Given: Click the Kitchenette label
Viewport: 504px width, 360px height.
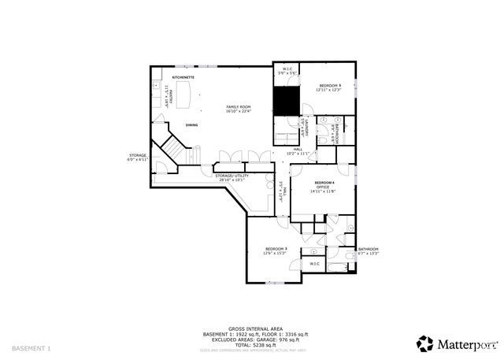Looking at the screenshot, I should (183, 78).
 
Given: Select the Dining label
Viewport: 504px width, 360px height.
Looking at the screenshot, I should (192, 125).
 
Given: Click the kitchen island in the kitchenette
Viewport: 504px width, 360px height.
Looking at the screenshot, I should (187, 97).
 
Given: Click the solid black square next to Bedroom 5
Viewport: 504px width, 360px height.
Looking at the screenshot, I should (284, 99).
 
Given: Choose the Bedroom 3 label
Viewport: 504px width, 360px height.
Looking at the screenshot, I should (276, 250).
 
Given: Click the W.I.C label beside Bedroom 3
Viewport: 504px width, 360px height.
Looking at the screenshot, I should (314, 264).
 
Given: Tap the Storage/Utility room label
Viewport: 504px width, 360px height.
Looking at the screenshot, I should (232, 176).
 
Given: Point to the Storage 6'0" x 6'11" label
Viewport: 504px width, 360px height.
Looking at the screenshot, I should (138, 158).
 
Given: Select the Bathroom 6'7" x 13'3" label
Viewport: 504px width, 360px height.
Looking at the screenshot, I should (368, 251).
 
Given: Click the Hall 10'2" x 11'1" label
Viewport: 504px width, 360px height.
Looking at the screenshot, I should (298, 150).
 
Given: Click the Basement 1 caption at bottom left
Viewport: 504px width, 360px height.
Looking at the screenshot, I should (31, 347).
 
